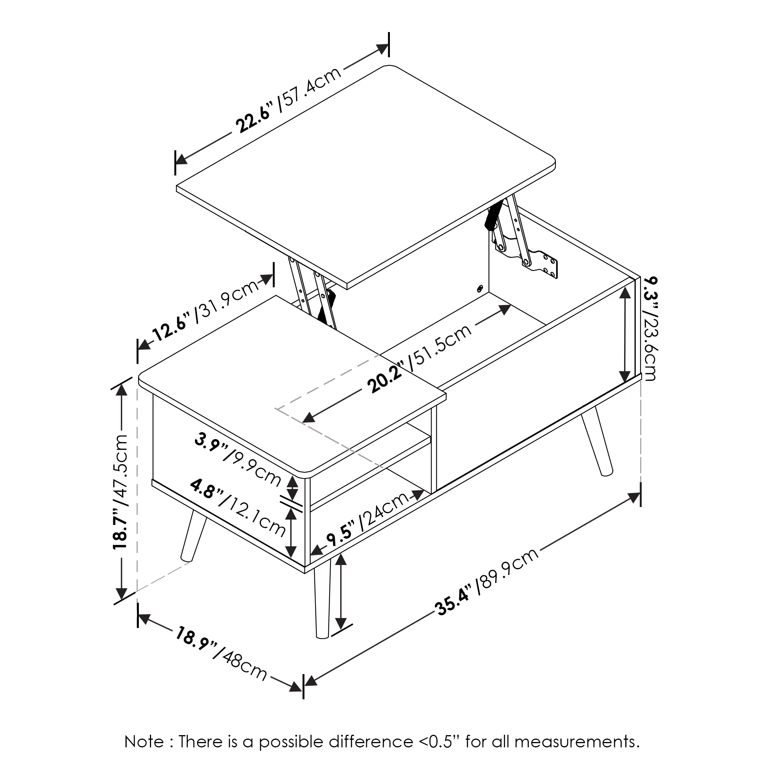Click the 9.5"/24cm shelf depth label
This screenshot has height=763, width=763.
(x=368, y=519)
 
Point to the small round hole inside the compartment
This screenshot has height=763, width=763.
(x=480, y=289)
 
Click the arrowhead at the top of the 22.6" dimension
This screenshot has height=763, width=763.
(x=382, y=48)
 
